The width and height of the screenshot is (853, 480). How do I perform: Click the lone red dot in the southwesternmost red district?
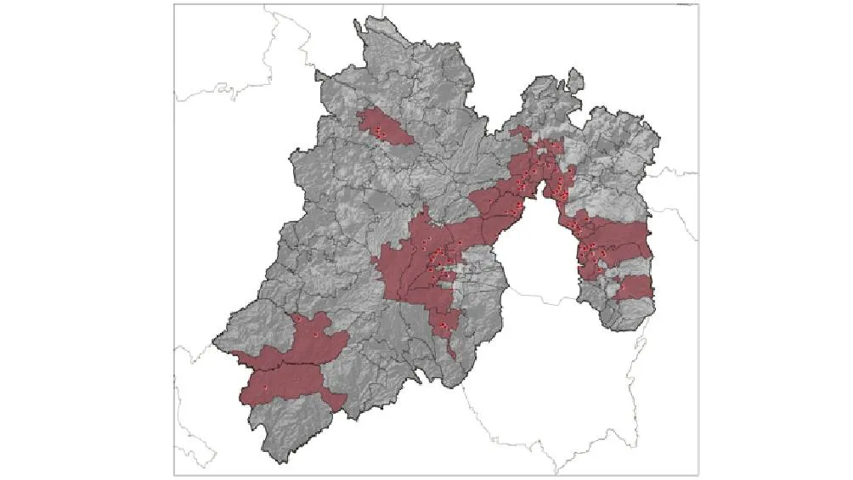(265, 388)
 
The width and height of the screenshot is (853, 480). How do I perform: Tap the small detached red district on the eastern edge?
(634, 288)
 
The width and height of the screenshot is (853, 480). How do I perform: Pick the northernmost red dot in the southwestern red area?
(314, 336)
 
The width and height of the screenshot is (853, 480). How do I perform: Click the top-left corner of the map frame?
(174, 4)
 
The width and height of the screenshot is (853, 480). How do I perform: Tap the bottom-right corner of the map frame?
(698, 474)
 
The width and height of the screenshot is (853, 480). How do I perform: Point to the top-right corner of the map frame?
(698, 4)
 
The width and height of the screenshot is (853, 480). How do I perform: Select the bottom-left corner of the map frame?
(174, 474)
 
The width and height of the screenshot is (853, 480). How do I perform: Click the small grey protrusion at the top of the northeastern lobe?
(575, 79)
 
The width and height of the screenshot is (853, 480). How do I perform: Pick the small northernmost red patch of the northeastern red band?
(523, 133)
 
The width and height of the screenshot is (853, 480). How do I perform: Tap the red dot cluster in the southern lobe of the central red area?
(443, 325)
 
